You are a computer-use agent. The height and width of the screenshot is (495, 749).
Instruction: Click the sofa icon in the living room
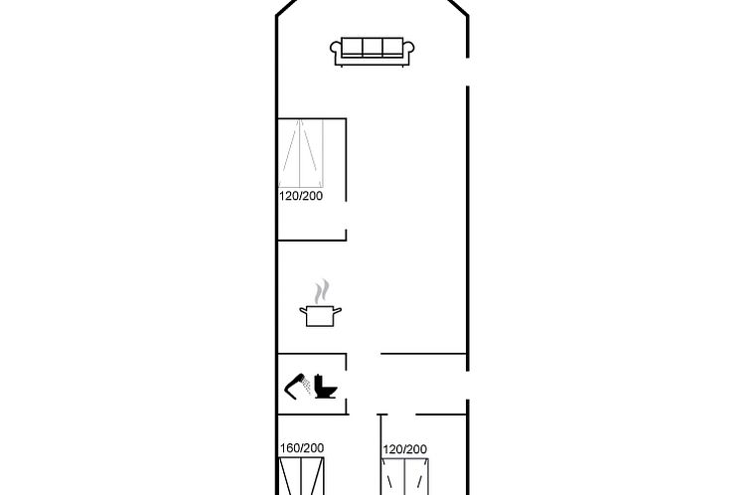pyautogui.click(x=373, y=52)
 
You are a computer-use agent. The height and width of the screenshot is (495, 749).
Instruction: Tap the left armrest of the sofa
pyautogui.click(x=336, y=50)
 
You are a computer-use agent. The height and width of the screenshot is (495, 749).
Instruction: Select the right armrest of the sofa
pyautogui.click(x=409, y=50)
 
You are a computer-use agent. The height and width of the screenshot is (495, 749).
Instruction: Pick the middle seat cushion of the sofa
pyautogui.click(x=373, y=47)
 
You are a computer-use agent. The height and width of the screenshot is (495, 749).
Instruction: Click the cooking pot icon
pyautogui.click(x=320, y=316)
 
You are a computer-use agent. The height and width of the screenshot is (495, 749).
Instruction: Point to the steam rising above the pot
pyautogui.click(x=322, y=291)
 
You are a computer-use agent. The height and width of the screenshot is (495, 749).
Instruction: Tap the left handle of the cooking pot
pyautogui.click(x=303, y=310)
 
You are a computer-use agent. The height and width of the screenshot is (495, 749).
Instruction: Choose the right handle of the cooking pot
pyautogui.click(x=337, y=310)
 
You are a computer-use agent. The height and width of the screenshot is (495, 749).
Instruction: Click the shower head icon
pyautogui.click(x=295, y=385)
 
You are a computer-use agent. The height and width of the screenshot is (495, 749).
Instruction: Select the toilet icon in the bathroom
pyautogui.click(x=325, y=386)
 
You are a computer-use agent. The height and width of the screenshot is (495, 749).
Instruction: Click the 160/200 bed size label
pyautogui.click(x=302, y=448)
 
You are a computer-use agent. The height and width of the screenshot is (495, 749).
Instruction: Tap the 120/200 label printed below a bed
pyautogui.click(x=301, y=196)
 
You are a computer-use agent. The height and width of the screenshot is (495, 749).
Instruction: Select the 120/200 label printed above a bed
pyautogui.click(x=405, y=449)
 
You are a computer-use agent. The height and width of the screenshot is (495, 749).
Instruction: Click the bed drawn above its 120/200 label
pyautogui.click(x=301, y=153)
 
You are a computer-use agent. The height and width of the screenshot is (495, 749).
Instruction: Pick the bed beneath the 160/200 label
pyautogui.click(x=302, y=476)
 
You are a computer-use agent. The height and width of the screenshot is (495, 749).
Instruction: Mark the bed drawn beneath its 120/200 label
pyautogui.click(x=405, y=476)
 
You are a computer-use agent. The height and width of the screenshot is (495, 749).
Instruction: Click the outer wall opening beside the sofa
pyautogui.click(x=468, y=73)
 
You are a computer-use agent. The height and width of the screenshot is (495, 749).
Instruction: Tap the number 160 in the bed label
pyautogui.click(x=289, y=448)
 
